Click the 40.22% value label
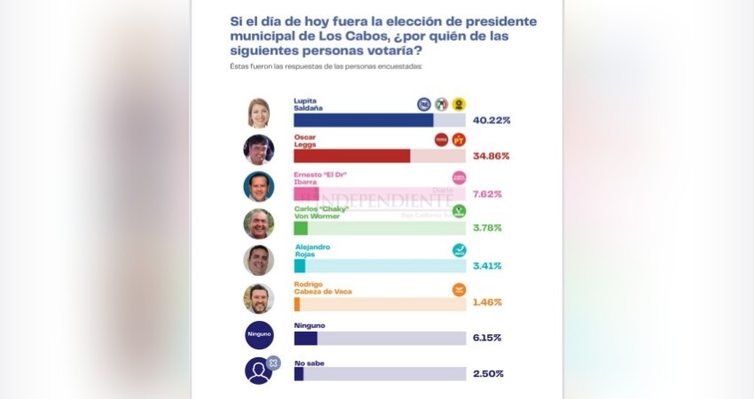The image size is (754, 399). pyautogui.click(x=492, y=120)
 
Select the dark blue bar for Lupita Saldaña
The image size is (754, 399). pyautogui.click(x=364, y=120)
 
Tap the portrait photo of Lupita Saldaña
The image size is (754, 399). pyautogui.click(x=259, y=113)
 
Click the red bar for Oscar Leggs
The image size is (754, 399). pyautogui.click(x=352, y=156)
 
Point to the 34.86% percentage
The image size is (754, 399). pyautogui.click(x=492, y=156)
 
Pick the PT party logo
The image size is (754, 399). pyautogui.click(x=459, y=139)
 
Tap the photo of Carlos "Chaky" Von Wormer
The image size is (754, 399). pyautogui.click(x=259, y=223)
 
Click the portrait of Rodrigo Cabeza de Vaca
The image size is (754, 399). pyautogui.click(x=259, y=298)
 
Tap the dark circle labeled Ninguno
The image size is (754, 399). pyautogui.click(x=259, y=334)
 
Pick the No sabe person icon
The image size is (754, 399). pyautogui.click(x=259, y=371)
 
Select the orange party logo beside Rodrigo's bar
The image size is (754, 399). pyautogui.click(x=459, y=289)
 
